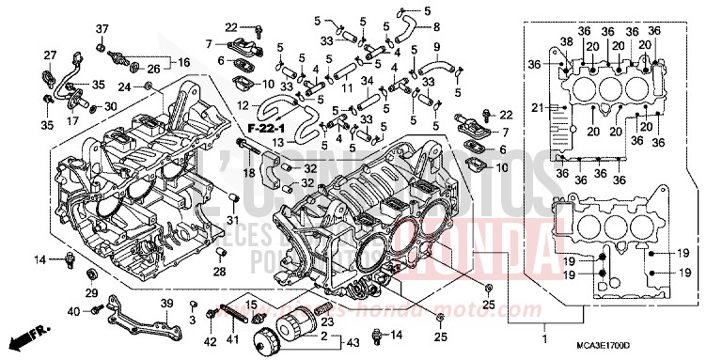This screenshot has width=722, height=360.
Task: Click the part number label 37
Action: [x=102, y=28]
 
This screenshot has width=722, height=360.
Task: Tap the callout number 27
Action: [x=50, y=55]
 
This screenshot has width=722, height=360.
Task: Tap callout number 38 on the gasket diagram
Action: [x=566, y=42]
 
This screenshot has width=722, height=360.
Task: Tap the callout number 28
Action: [x=218, y=273]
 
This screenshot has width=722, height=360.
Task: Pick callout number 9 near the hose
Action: [x=437, y=46]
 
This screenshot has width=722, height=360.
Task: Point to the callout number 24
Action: [x=124, y=87]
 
